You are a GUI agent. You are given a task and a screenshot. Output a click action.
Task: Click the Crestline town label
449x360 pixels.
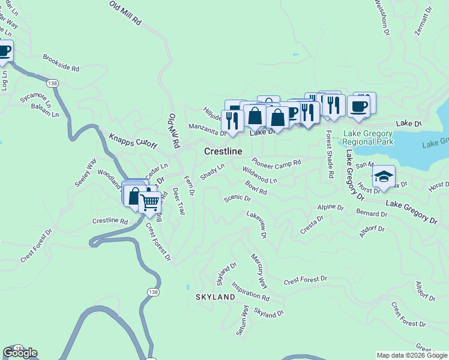point(223,152)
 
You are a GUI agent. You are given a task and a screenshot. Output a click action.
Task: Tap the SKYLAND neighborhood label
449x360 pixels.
point(215,297)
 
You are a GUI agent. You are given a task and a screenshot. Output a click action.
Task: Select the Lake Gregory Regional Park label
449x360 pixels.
point(369,137)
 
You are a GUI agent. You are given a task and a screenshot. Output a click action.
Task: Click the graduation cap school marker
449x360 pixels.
point(384,176)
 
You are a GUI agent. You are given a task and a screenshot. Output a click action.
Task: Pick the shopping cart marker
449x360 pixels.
point(150,202)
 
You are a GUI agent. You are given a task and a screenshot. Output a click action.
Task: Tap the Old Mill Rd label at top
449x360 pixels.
point(125,13)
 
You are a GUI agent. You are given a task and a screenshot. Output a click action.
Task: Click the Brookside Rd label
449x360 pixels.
point(61,64)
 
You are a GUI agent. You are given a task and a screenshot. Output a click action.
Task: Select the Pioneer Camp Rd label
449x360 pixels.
point(276,162)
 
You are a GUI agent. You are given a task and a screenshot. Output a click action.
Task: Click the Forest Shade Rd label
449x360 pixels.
point(330,155)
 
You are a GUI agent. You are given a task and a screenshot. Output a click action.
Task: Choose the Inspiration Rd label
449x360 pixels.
point(250,292)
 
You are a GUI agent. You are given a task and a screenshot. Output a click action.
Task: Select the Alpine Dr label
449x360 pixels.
point(330,207)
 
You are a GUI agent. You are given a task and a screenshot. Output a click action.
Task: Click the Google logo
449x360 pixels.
point(20,353)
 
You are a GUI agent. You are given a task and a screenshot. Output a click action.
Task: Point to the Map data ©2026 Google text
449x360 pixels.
point(411,355)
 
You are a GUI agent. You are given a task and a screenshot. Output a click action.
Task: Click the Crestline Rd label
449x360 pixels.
point(110,221)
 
